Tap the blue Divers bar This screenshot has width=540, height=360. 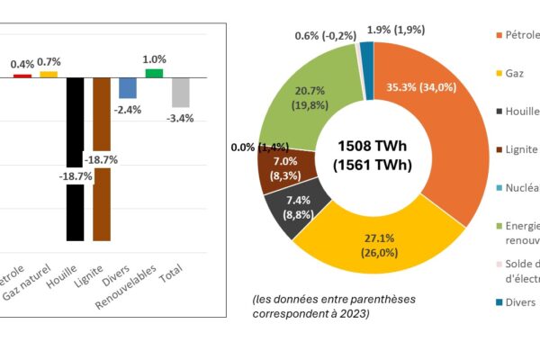pyautogui.click(x=128, y=87)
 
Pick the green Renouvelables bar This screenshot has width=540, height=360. pyautogui.click(x=154, y=73)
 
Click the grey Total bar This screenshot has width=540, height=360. pyautogui.click(x=181, y=92)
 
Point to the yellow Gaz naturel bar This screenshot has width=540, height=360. pyautogui.click(x=48, y=74)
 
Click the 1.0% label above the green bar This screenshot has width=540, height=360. pyautogui.click(x=155, y=59)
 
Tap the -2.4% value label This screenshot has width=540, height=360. pyautogui.click(x=129, y=110)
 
